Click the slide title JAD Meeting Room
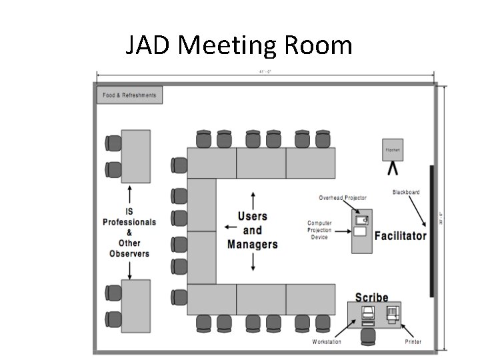point(239,46)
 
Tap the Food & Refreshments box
point(130,95)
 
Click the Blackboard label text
point(406,193)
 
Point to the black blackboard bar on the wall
point(432,231)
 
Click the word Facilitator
point(400,236)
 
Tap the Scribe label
point(371,297)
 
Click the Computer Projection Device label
point(319,231)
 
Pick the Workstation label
point(327,342)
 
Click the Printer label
point(413,342)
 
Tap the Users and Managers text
point(253,230)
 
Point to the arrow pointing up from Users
point(253,200)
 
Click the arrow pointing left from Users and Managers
point(230,227)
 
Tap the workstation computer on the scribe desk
point(367,315)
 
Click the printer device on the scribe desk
point(393,313)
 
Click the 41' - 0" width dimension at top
point(265,72)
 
